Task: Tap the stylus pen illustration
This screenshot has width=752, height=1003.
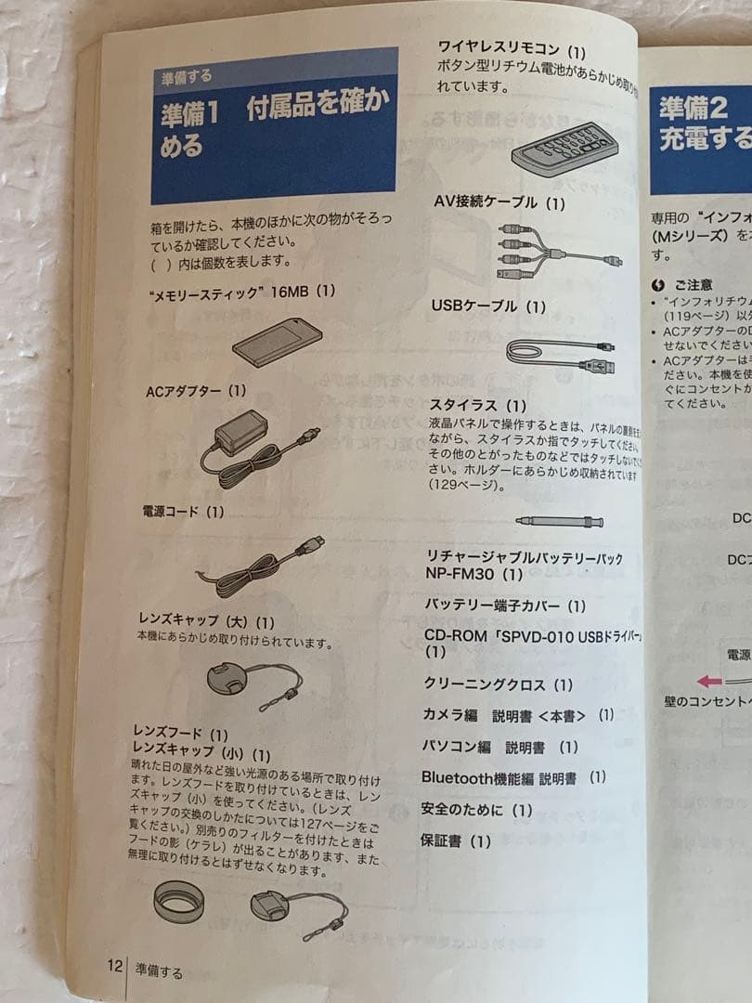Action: point(560,521)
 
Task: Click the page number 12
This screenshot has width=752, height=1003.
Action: point(114,966)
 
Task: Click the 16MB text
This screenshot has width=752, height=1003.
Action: point(289,291)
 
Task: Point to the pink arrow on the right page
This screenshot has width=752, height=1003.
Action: point(709,681)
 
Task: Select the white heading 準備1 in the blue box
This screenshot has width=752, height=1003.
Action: point(190,114)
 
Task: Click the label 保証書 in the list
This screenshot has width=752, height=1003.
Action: point(442,841)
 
